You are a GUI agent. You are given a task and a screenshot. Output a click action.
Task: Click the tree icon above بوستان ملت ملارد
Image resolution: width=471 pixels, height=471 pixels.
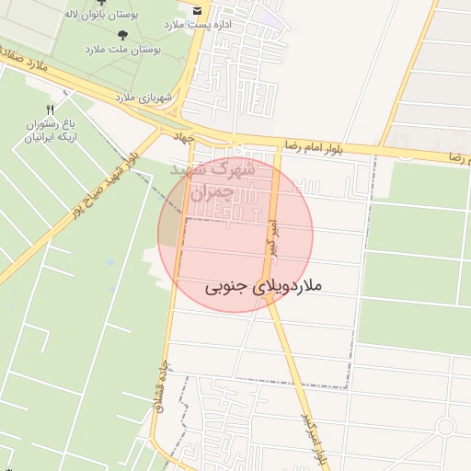pos(121,34)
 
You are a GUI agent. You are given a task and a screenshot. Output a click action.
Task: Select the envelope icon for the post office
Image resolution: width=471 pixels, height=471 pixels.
pos(196,8)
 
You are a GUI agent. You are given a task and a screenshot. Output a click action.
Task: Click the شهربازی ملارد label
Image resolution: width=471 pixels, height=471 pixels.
pos(138,96)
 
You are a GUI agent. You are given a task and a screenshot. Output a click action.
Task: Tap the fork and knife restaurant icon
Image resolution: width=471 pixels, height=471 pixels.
pos(50,109)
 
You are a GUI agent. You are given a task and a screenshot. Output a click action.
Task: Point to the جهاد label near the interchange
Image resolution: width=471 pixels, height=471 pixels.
pos(187,137)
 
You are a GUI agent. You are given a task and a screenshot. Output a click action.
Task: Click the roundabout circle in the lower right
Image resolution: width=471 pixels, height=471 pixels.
pos(446,427)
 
